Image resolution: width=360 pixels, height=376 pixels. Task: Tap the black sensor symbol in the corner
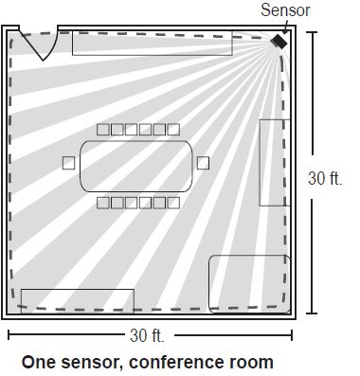(x=279, y=44)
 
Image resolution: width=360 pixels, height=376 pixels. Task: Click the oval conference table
(x=136, y=166)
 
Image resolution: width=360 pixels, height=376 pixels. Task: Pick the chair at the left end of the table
(x=68, y=163)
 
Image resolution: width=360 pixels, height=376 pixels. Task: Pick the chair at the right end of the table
(x=203, y=163)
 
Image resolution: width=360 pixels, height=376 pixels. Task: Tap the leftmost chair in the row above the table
(x=102, y=129)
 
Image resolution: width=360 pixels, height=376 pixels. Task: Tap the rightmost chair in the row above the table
(x=172, y=129)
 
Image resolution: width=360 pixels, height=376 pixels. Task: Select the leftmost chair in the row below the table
(x=102, y=202)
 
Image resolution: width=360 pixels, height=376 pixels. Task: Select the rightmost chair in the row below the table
(x=172, y=202)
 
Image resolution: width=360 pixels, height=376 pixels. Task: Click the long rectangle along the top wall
(x=152, y=42)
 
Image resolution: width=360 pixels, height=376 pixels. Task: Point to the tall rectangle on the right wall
(x=272, y=163)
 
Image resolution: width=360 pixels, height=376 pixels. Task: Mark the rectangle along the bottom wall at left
(x=77, y=300)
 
